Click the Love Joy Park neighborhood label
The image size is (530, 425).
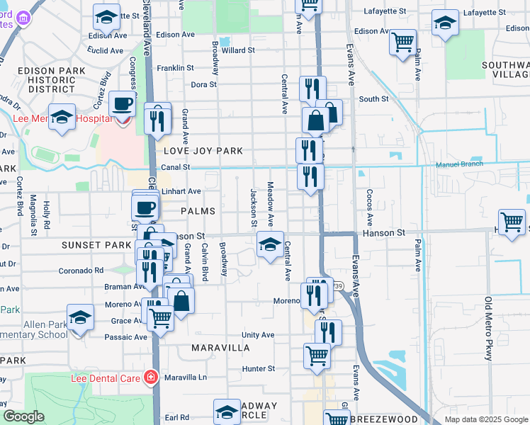coord(203,151)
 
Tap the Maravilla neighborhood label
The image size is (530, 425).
coord(220,348)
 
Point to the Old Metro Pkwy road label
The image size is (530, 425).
coord(487,329)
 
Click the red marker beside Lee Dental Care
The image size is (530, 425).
coord(150,377)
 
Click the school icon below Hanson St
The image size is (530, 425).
coord(270,245)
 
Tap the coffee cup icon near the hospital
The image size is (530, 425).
coord(122,104)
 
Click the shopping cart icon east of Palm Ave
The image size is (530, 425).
coord(512,222)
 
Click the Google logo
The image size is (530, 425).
coord(23,416)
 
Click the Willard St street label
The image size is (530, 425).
coord(238,50)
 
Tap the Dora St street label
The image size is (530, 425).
coord(203,84)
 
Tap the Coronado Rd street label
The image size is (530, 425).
coord(81,270)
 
